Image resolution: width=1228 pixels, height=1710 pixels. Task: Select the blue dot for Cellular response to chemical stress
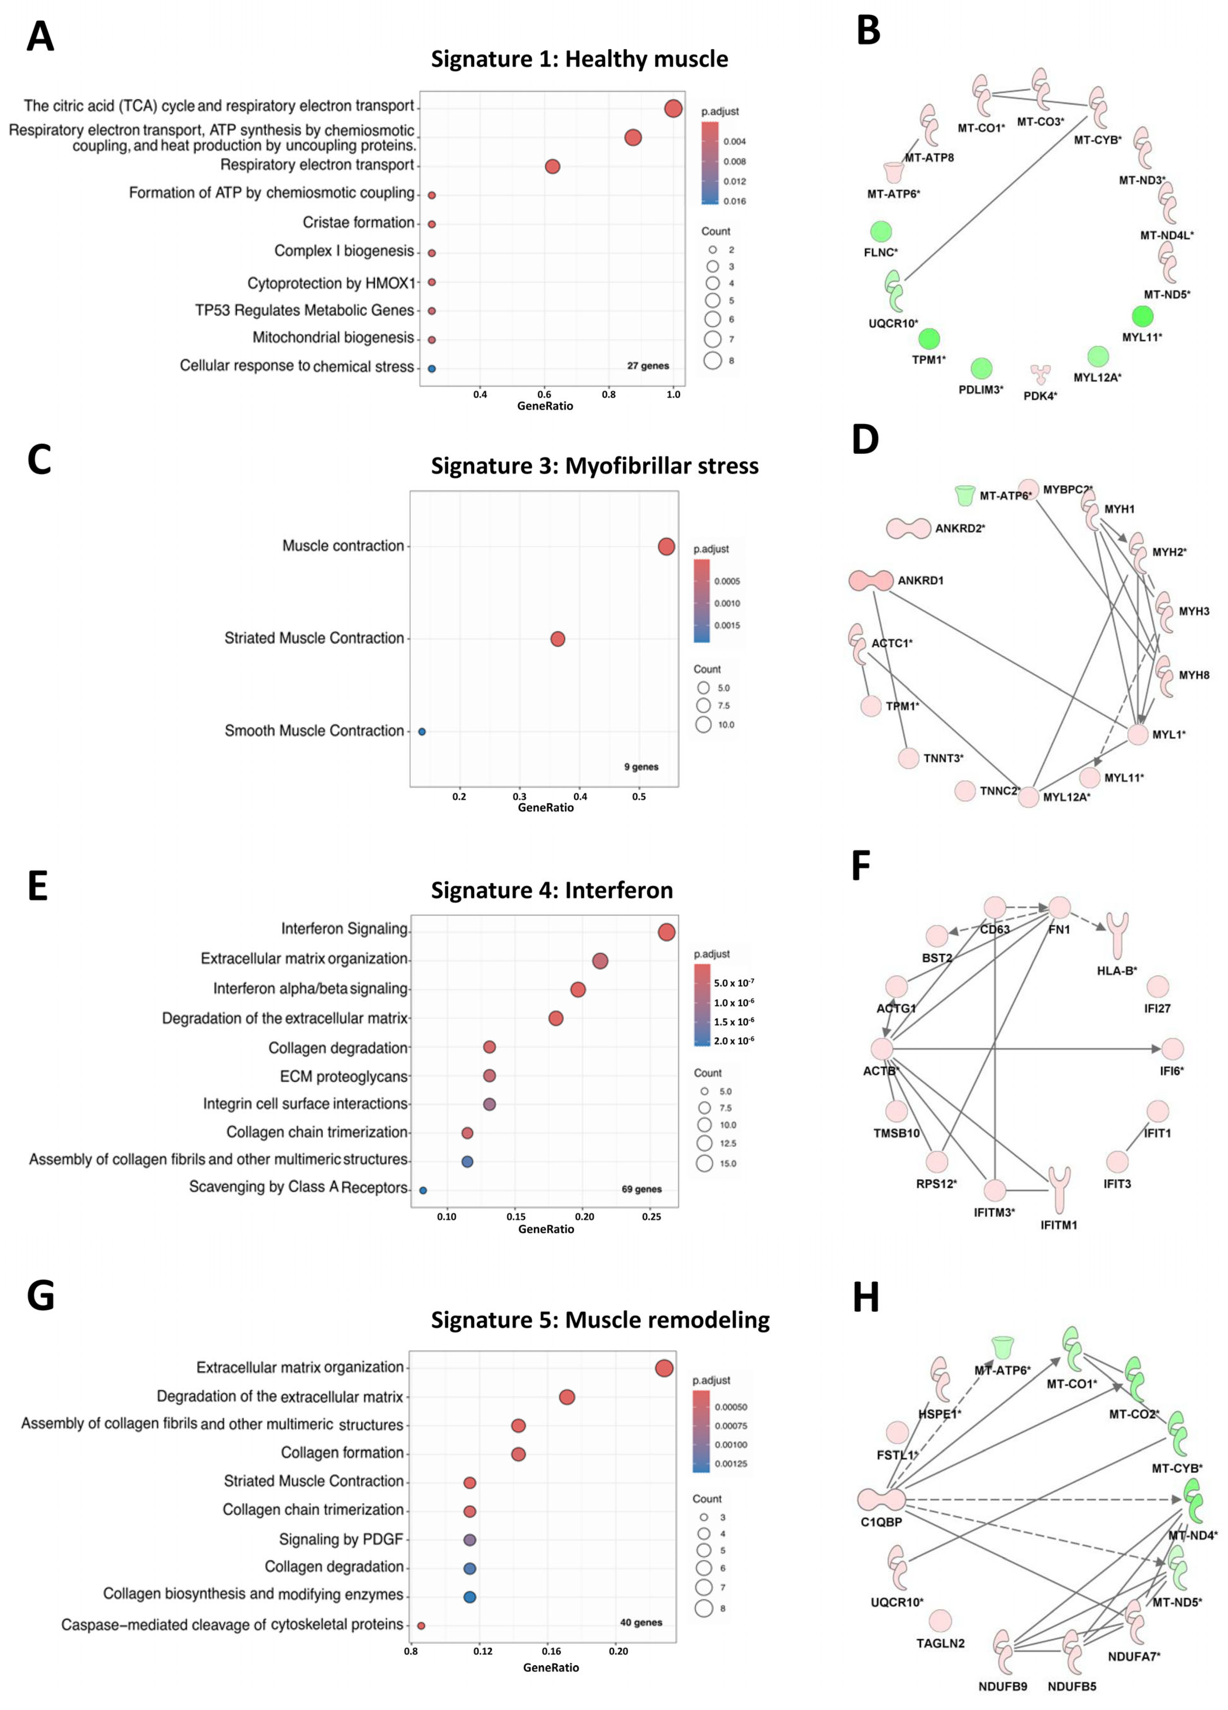(x=431, y=369)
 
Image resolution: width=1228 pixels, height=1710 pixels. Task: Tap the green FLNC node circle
(x=881, y=232)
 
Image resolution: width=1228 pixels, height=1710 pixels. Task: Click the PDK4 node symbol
(x=1040, y=374)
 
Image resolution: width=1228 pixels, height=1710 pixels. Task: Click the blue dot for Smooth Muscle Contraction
(x=422, y=731)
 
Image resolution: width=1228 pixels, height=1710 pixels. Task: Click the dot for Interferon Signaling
(x=666, y=933)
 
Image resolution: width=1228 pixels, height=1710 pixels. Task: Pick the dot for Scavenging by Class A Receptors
(x=423, y=1190)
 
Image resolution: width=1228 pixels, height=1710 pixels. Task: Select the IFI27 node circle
(x=1157, y=986)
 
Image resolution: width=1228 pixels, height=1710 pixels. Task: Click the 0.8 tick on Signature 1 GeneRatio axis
(x=608, y=394)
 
